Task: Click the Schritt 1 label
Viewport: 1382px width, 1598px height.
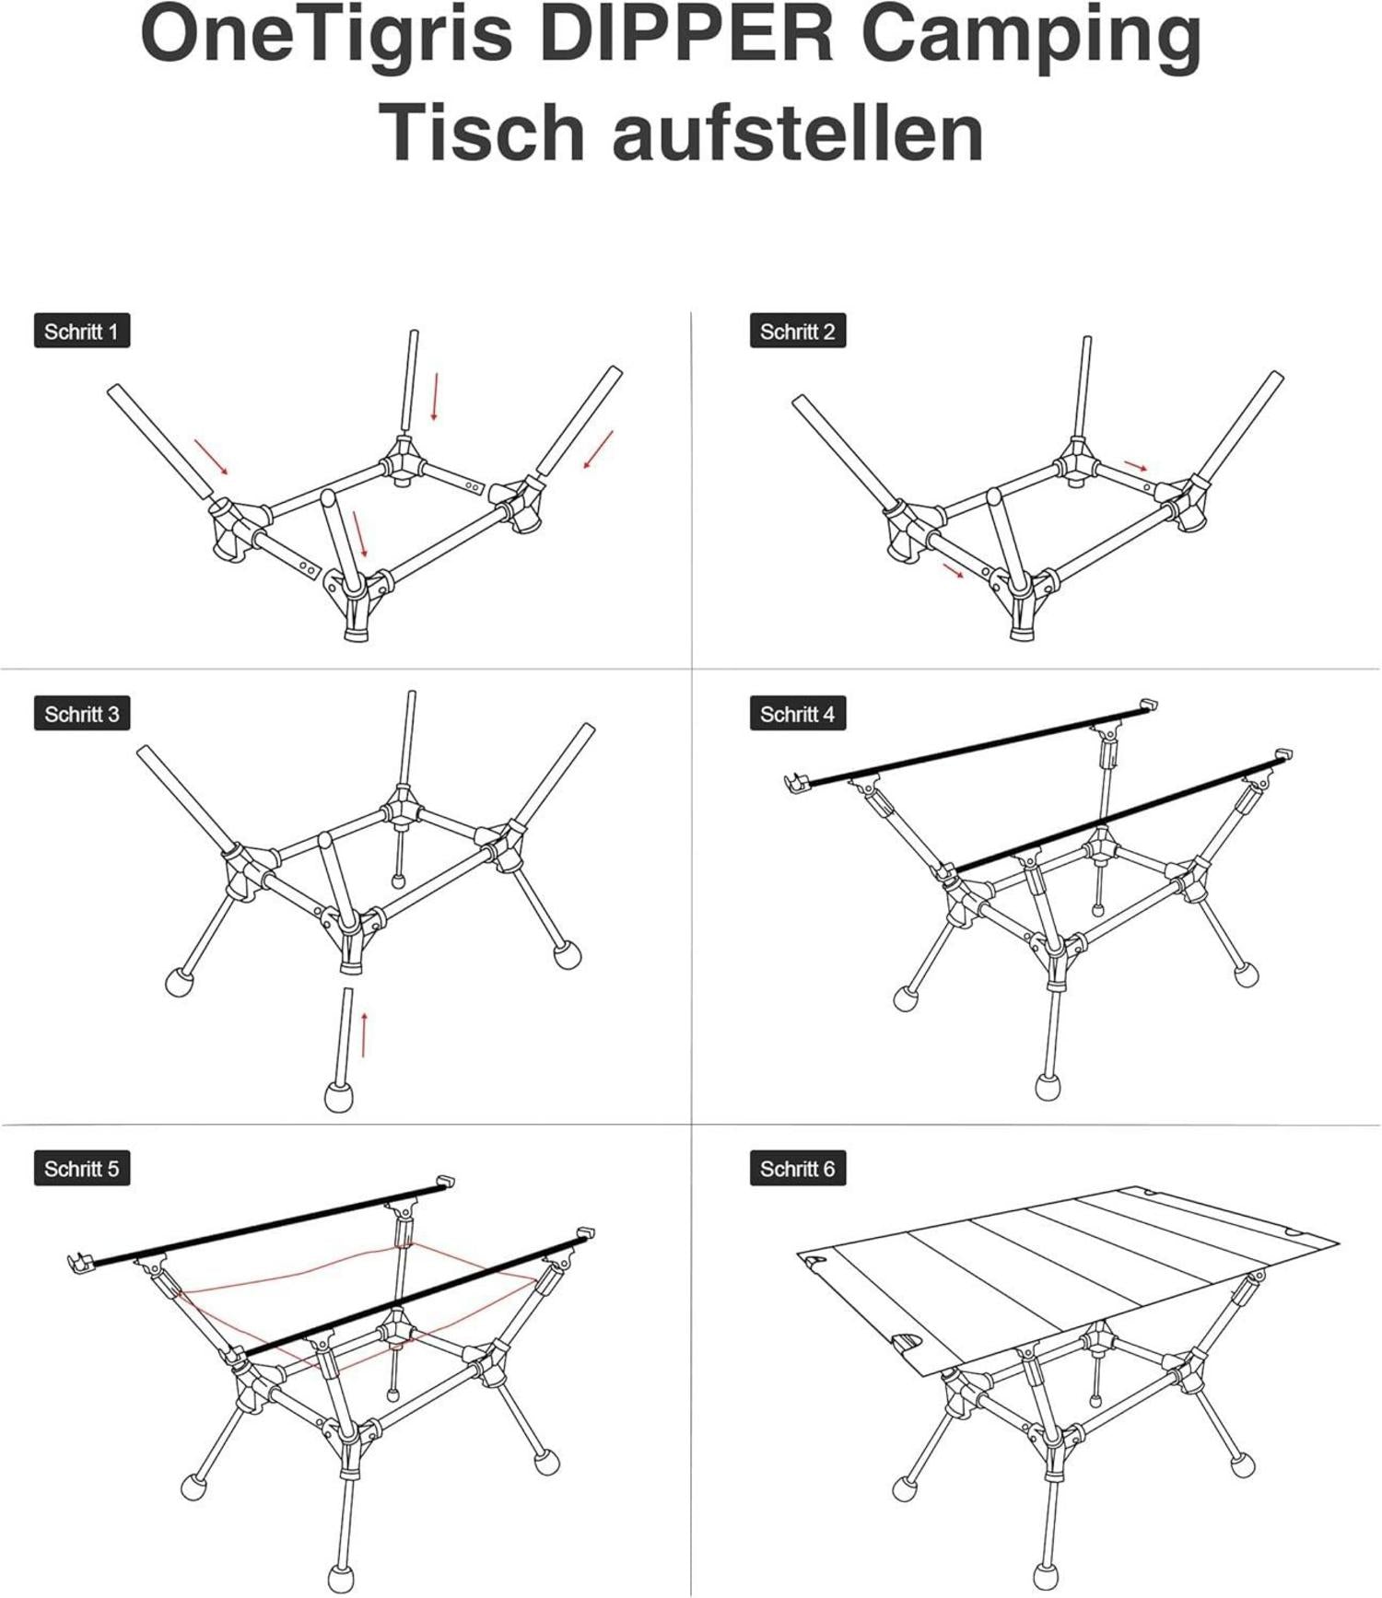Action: [x=82, y=332]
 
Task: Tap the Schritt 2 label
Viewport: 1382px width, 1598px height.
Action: [x=798, y=332]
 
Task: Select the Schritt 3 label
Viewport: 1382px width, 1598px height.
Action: [x=82, y=714]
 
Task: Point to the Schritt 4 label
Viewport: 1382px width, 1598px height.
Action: [x=798, y=714]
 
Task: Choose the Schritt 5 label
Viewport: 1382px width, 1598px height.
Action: [x=82, y=1169]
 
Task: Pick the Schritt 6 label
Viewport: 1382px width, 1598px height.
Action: [x=798, y=1169]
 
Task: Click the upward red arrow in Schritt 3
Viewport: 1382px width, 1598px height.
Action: [x=365, y=1034]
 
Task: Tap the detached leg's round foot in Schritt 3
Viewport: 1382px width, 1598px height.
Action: [x=340, y=1097]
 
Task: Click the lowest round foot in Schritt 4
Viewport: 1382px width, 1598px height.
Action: [x=1048, y=1087]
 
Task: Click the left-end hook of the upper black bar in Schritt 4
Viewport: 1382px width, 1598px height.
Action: [x=795, y=783]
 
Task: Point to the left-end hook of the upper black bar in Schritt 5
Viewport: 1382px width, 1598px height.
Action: [x=80, y=1262]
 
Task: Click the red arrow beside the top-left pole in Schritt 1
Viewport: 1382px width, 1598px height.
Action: [x=211, y=457]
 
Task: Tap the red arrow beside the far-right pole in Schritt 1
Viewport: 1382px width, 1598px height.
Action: [x=598, y=449]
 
